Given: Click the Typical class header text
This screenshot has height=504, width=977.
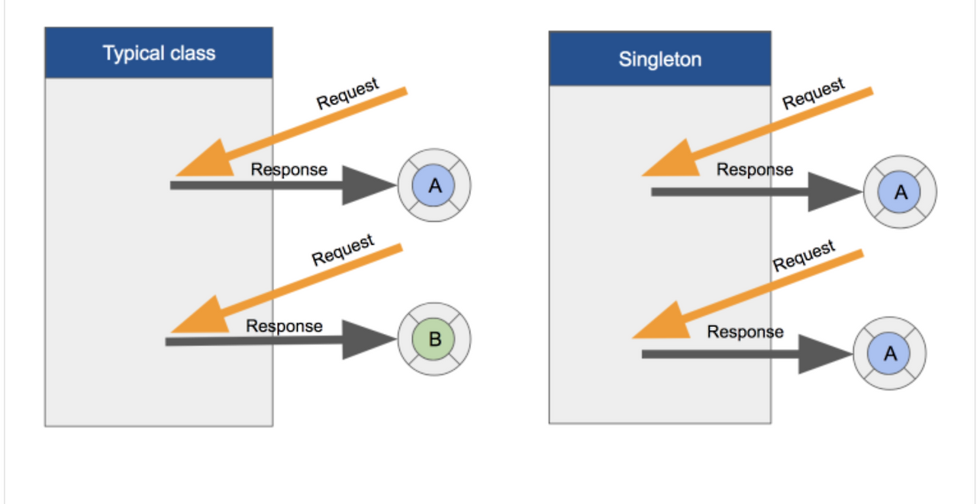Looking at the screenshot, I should point(159,53).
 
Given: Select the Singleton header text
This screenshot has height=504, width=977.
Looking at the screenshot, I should point(659,59).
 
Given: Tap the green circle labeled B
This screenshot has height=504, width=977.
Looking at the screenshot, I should point(434,339).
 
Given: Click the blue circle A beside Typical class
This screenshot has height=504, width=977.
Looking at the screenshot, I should point(434,185).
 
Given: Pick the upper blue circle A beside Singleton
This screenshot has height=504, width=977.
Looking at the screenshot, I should point(900,192).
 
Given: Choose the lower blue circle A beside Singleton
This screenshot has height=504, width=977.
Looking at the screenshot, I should point(889,354).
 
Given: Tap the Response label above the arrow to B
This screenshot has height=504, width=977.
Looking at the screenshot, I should point(284,326).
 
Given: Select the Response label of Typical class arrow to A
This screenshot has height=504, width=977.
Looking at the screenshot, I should point(289,169).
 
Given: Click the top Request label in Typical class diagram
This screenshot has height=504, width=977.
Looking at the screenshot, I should point(347,94).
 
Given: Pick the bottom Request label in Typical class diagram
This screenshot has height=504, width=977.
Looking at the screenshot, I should point(343,250).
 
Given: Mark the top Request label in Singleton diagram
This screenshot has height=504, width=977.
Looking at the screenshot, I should point(814,94).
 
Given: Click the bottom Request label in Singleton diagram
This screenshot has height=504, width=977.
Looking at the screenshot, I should point(804,256).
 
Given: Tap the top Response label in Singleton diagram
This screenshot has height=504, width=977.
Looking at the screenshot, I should point(754,169).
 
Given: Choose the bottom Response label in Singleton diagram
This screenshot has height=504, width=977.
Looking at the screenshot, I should point(745,332).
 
